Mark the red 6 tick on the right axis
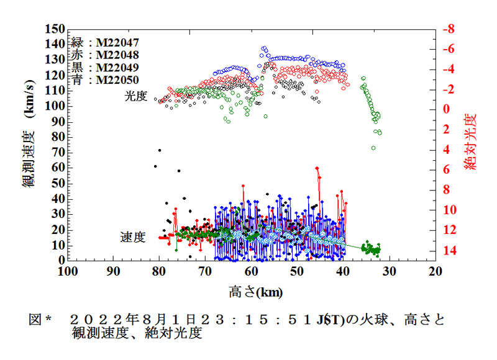click(x=445, y=169)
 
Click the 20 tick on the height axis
click(x=435, y=271)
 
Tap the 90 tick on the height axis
click(x=113, y=271)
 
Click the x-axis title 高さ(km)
click(x=251, y=290)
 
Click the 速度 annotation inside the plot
click(x=132, y=237)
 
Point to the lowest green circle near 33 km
click(x=373, y=148)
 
